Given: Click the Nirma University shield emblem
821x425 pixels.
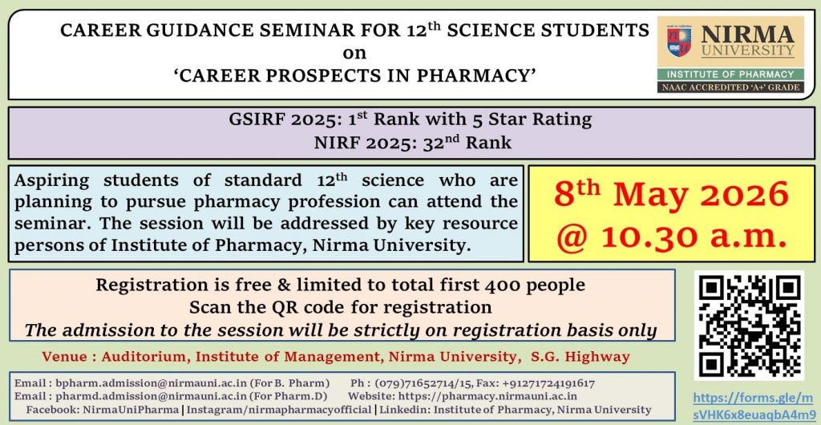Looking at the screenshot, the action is coord(678,42).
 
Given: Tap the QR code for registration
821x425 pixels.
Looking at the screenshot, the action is coord(749,325).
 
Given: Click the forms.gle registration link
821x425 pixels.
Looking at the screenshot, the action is coord(754,407).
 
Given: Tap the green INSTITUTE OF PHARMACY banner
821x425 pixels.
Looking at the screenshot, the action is coord(730,75).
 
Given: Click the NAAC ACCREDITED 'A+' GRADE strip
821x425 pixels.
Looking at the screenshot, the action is coord(730,87).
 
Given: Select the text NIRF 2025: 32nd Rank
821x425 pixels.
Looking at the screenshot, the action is coord(413,143).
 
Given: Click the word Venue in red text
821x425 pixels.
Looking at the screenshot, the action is coord(65,358).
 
